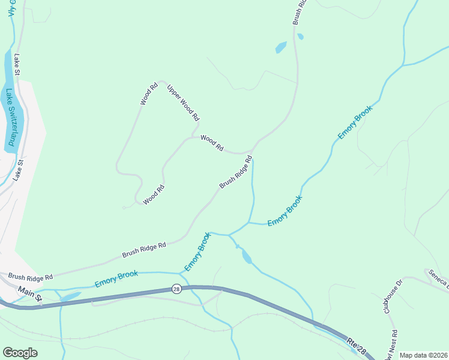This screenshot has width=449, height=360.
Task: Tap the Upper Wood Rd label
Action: point(183,101)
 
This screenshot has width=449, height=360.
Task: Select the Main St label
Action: point(30,293)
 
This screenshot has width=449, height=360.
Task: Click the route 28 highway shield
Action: point(176,289)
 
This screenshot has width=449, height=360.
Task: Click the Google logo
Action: point(20,353)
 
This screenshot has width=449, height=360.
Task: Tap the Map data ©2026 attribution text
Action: point(423,355)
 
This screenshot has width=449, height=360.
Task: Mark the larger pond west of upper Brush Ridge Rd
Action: point(281,47)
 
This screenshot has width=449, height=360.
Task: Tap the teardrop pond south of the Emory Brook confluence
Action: point(246,257)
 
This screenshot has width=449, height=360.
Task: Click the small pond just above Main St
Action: point(70,296)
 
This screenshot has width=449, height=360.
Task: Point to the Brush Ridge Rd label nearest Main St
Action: point(30,277)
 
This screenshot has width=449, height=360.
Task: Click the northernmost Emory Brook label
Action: point(355,122)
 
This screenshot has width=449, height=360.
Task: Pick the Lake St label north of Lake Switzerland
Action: point(17,64)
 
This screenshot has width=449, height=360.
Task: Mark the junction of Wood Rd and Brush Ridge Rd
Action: point(253,149)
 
